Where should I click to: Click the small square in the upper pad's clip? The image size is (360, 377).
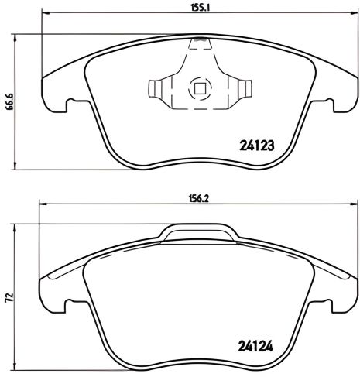(199, 88)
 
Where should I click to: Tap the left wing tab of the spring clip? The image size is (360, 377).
(159, 89)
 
